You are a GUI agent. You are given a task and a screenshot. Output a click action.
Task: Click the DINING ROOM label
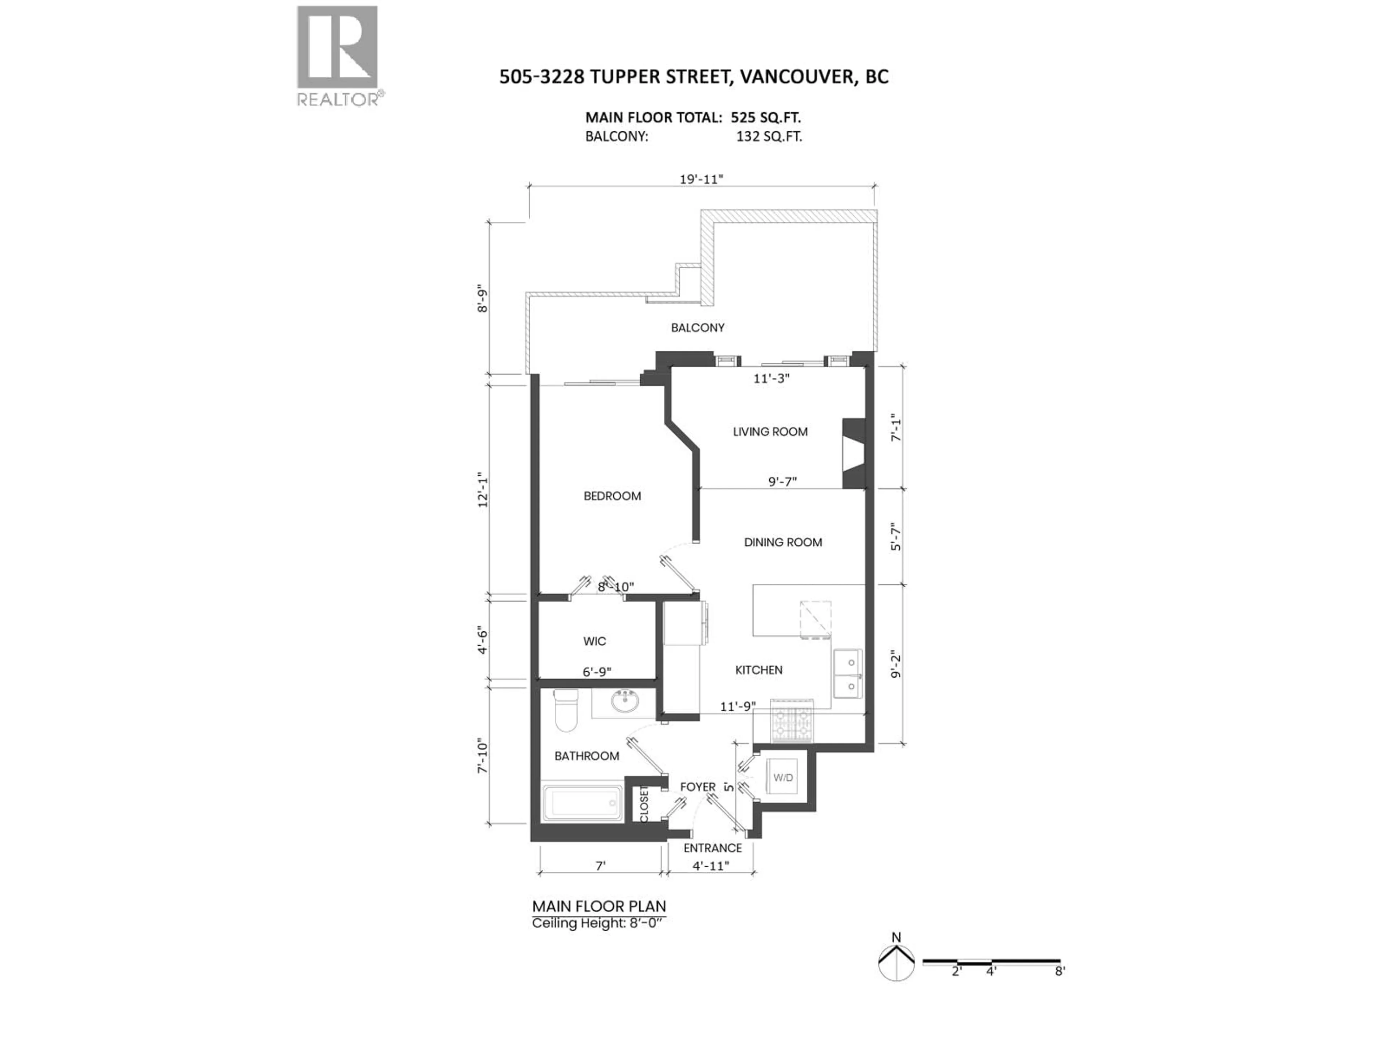point(783,543)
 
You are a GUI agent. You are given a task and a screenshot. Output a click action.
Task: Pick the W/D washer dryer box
point(783,778)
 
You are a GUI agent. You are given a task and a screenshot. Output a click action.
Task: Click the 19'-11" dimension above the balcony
point(702,179)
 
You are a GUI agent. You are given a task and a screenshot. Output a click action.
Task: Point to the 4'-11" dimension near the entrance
point(711,866)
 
